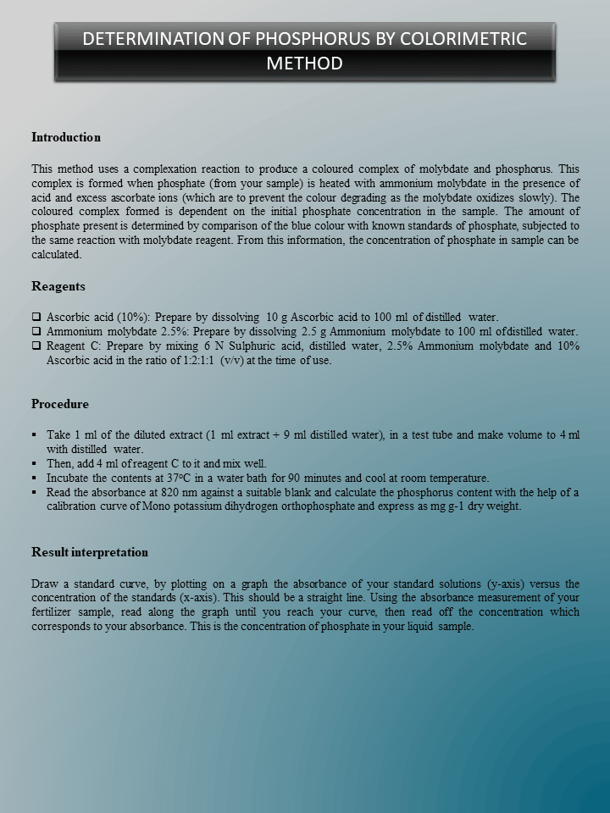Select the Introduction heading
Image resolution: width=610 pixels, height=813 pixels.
click(x=66, y=137)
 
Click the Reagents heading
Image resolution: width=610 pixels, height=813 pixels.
click(x=58, y=286)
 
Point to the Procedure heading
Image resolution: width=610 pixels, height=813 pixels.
click(x=60, y=404)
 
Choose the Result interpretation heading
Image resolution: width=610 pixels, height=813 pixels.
click(x=90, y=552)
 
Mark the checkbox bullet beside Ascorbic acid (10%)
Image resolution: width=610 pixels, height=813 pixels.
click(x=36, y=317)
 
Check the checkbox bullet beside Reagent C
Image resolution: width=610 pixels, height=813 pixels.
click(x=36, y=346)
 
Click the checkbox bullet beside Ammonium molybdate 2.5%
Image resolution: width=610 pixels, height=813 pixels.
click(x=36, y=331)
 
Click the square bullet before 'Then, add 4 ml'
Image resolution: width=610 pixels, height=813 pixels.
click(x=35, y=463)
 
